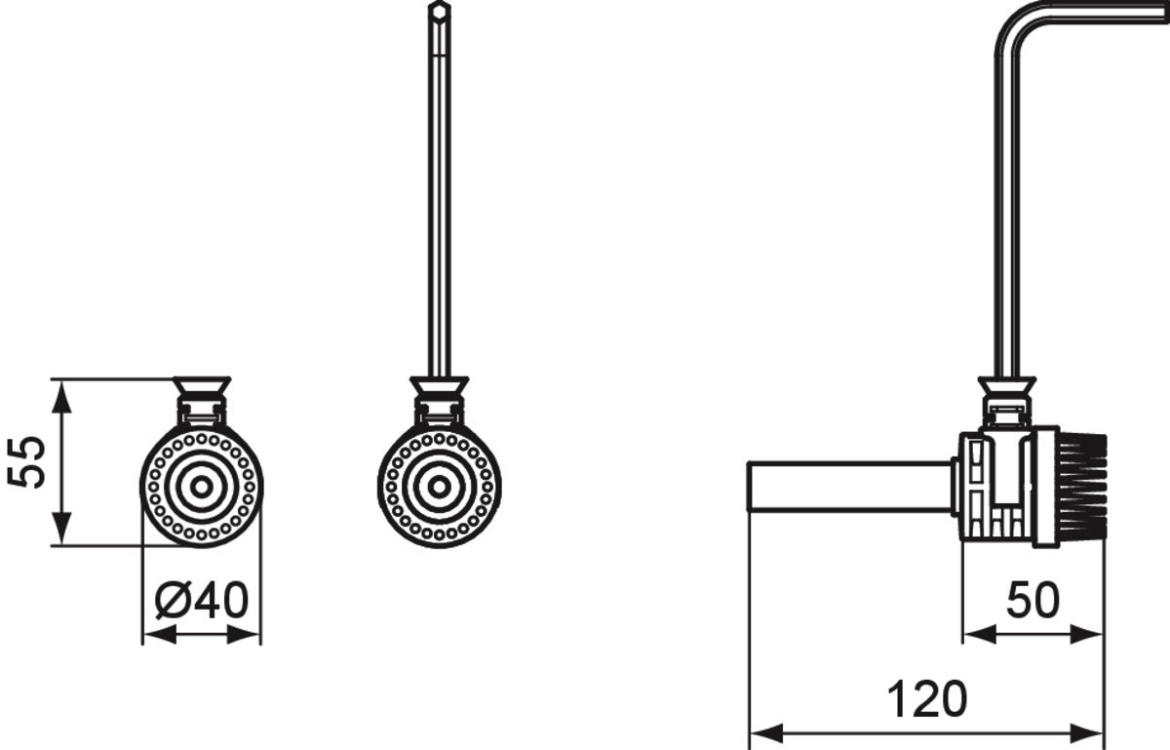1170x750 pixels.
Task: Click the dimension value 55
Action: click(x=25, y=462)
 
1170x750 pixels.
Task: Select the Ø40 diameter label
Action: click(x=202, y=601)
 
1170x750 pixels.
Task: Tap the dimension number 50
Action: click(x=1033, y=601)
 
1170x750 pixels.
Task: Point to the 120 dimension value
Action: click(x=927, y=699)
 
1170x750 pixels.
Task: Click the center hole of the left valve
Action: click(x=202, y=487)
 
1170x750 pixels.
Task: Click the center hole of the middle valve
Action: click(x=440, y=487)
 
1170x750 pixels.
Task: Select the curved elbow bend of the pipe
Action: click(x=1011, y=28)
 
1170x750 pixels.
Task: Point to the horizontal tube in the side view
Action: click(x=850, y=486)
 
